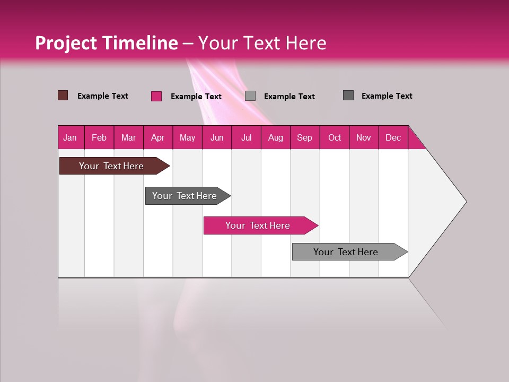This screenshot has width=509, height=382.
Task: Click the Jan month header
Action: pos(70,137)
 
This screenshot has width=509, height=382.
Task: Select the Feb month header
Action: pos(99,137)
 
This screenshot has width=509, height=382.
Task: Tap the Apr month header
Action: pos(157,137)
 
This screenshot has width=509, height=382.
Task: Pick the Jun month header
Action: pos(217,137)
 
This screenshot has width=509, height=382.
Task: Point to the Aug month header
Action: pos(275,137)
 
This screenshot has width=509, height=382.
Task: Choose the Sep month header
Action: pos(304,137)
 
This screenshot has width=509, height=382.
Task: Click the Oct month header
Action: pos(335,137)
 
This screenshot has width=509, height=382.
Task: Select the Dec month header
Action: pos(393,137)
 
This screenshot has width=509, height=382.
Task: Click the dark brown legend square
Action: pos(63,95)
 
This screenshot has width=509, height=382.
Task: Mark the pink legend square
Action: pos(156,96)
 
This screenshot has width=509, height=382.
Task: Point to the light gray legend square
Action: pos(250,96)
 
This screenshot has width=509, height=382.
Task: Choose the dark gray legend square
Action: pos(348,95)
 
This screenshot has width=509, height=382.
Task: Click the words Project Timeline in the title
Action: pos(107,43)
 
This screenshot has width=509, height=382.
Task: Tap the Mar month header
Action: pos(128,137)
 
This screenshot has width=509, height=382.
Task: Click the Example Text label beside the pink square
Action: pos(196,97)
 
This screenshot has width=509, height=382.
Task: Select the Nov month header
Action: pos(364,137)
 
